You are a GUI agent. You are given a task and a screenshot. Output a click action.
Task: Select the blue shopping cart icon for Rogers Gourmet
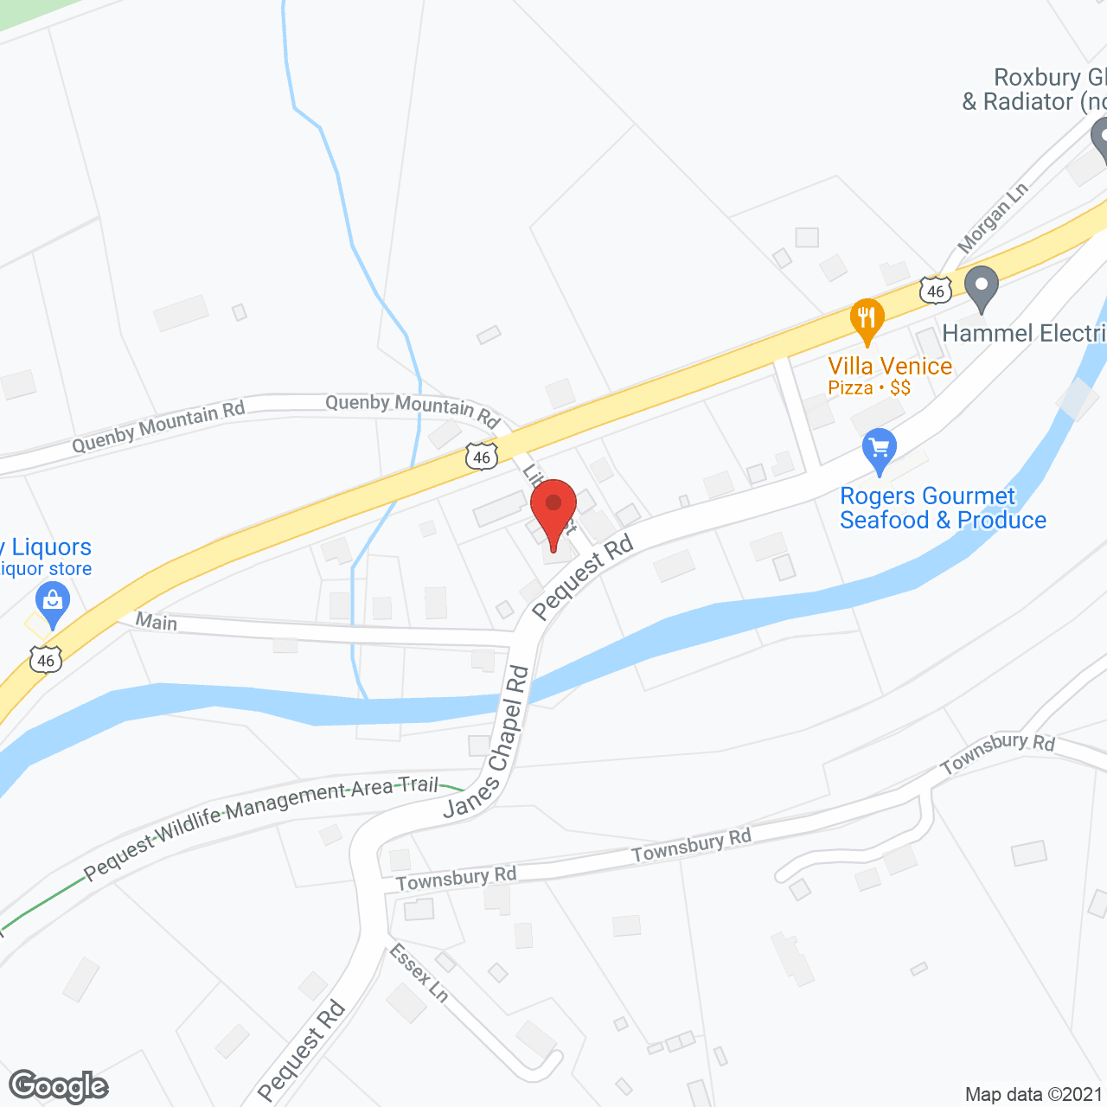point(880,450)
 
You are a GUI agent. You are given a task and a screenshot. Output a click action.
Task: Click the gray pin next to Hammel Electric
point(981,287)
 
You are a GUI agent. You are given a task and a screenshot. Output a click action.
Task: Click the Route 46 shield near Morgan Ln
point(936,291)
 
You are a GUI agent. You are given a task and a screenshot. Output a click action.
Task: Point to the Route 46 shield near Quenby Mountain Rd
point(482,457)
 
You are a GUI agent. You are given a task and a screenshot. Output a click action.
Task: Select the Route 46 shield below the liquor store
point(46,660)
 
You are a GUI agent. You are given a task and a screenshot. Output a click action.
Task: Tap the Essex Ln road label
point(419,973)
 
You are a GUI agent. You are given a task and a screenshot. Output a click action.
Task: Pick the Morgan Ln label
point(993,217)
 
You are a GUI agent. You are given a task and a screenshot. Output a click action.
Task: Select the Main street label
point(157,622)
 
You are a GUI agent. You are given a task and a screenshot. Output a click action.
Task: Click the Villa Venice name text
point(890,366)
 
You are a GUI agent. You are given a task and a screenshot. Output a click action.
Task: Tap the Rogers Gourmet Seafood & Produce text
point(943,508)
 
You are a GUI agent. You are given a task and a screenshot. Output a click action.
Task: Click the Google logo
point(59,1086)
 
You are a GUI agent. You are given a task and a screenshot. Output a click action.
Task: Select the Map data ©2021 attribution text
point(1034,1094)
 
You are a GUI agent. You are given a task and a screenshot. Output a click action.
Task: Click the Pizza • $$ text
point(869,387)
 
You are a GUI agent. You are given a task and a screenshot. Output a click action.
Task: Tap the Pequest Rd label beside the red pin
point(583,577)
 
